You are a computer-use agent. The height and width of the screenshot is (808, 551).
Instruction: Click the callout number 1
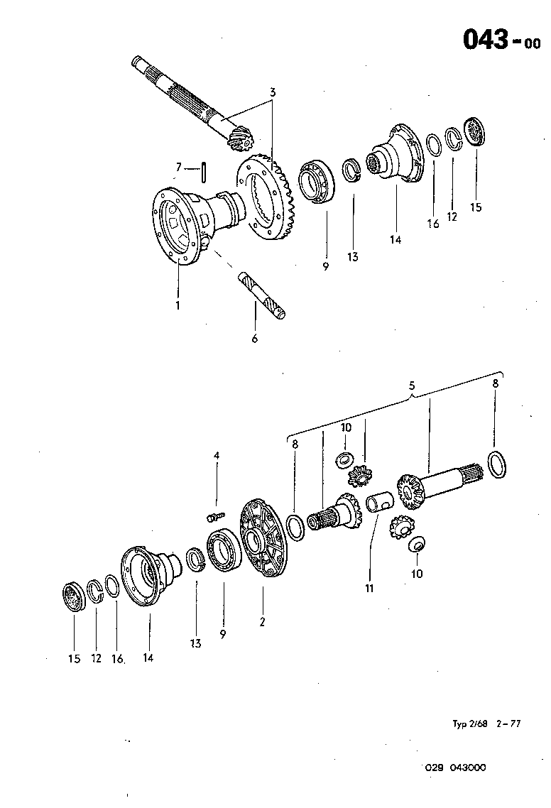[x=178, y=305]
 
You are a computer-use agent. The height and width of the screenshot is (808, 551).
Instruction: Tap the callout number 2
[x=262, y=623]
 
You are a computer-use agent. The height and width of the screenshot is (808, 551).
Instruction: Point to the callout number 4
[x=217, y=455]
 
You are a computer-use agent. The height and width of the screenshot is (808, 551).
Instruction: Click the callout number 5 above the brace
[x=412, y=385]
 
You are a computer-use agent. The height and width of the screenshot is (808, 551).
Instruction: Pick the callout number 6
[x=255, y=339]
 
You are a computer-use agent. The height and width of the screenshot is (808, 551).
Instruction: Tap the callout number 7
[x=179, y=168]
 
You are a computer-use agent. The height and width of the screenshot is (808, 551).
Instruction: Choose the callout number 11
[x=369, y=588]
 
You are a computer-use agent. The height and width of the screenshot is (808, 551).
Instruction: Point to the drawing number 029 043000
[x=456, y=768]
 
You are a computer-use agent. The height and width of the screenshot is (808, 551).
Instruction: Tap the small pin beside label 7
[x=204, y=171]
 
